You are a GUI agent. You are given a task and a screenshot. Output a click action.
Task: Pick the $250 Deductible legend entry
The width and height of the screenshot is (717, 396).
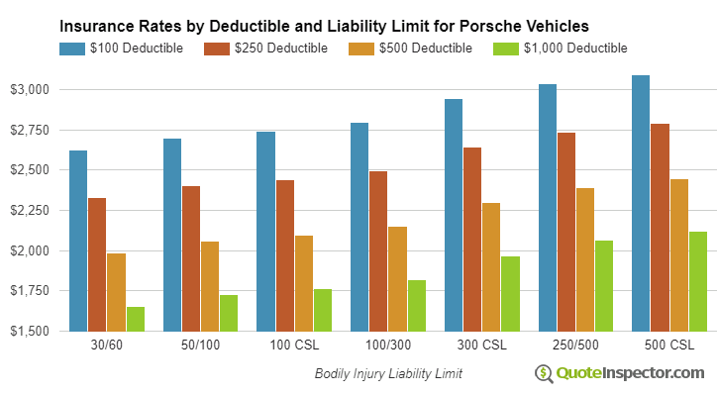pos(265,48)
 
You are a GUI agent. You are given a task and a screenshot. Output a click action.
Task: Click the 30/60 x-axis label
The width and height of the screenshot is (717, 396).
pos(106,346)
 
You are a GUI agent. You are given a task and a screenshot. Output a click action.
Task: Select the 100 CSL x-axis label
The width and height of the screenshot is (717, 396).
pos(294,346)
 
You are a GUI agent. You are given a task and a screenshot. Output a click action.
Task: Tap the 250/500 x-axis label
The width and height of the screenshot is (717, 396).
pos(576,346)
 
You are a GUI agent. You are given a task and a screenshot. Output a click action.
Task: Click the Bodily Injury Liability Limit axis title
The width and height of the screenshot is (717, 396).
pos(388,374)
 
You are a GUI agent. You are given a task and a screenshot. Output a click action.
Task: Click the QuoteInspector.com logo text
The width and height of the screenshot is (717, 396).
pos(631,373)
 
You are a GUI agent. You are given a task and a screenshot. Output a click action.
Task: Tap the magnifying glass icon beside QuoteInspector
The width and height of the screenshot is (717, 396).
pos(544,373)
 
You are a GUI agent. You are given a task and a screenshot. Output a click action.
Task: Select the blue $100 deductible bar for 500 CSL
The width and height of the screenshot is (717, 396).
pos(641,203)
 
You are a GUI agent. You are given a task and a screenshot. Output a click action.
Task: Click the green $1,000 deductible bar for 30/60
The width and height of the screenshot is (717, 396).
pos(135,319)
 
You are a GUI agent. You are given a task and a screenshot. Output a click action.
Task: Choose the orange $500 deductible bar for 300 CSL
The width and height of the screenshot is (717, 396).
pos(491,266)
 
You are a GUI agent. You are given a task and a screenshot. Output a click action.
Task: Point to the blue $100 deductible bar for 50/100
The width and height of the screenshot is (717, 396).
pos(172,235)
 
